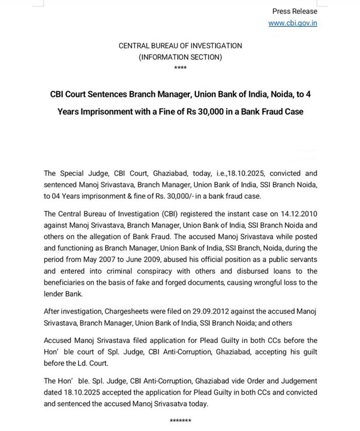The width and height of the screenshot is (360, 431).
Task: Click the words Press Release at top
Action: tap(295, 11)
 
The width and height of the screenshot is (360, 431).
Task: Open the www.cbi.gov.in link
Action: tap(292, 23)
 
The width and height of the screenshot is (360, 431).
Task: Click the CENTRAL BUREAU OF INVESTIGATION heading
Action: tap(180, 46)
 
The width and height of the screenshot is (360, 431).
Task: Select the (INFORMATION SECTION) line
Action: tap(180, 57)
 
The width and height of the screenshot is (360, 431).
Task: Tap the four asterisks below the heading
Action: tap(180, 68)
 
